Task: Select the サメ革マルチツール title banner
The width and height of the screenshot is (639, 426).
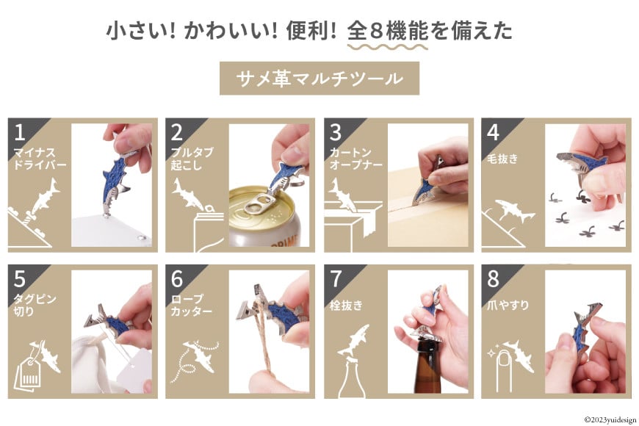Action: [319, 79]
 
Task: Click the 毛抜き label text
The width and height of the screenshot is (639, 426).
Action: [502, 157]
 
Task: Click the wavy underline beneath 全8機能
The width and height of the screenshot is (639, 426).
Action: [387, 47]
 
